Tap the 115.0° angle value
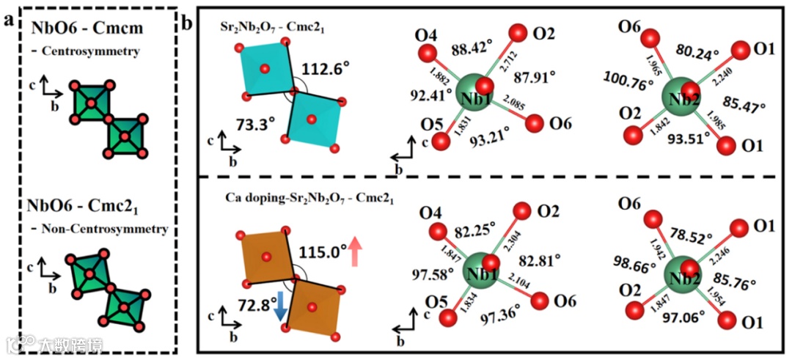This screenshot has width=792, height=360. (323, 251)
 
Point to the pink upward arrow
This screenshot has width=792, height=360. (356, 251)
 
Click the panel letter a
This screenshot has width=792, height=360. (10, 19)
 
